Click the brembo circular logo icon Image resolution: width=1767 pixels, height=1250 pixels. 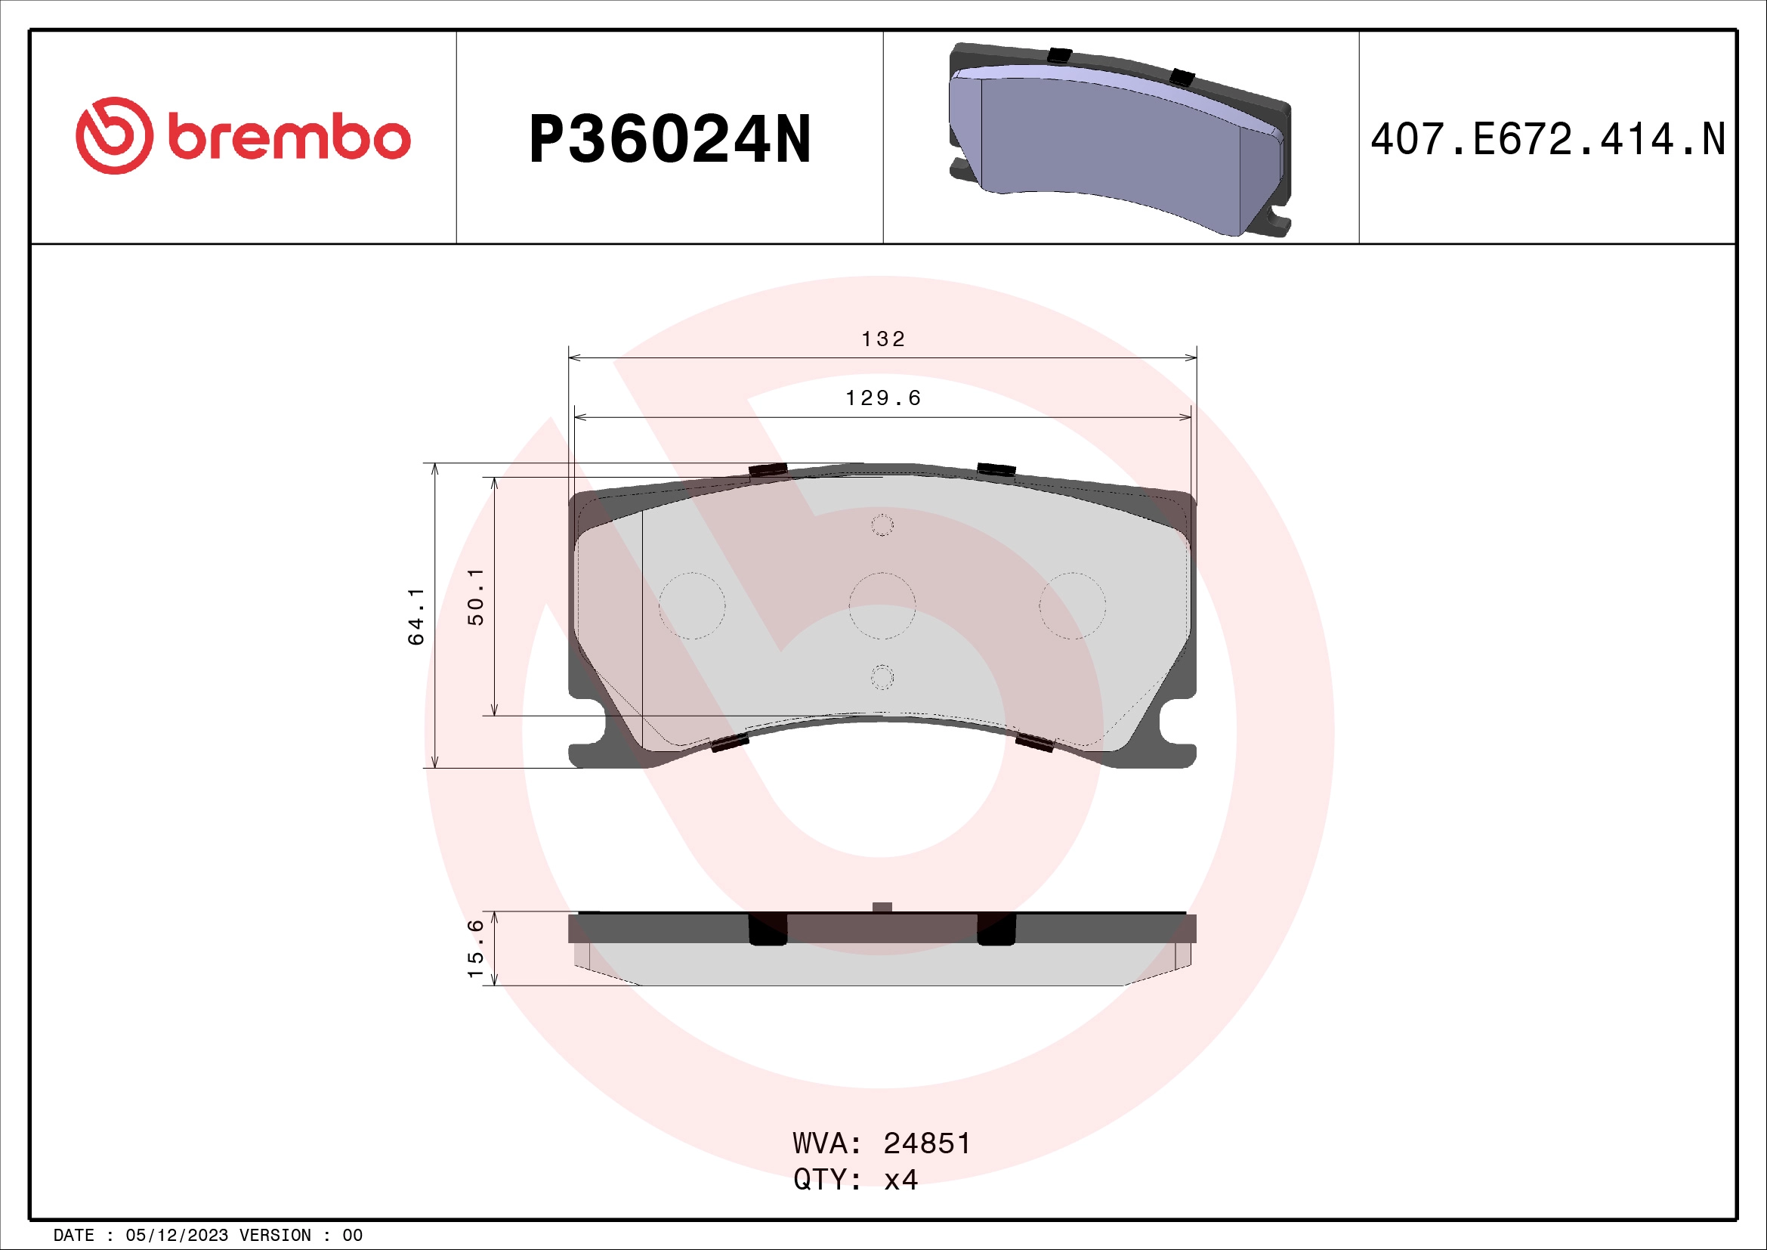tap(114, 135)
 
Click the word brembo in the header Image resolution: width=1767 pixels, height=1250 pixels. tap(289, 138)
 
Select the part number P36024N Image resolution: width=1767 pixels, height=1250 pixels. tap(669, 139)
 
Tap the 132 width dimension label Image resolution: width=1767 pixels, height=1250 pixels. tap(882, 339)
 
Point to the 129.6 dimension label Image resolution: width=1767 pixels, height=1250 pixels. tap(882, 398)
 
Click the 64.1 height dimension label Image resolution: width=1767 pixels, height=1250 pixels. tap(415, 616)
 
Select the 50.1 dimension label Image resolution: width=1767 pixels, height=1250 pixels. tap(476, 596)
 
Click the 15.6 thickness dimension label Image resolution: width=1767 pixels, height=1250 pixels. tap(476, 948)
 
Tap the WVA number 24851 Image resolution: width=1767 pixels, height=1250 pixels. tap(927, 1143)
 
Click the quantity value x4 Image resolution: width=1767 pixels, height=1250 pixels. tap(900, 1180)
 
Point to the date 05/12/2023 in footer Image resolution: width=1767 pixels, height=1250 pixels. tap(176, 1236)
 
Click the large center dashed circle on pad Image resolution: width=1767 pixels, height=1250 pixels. tap(882, 606)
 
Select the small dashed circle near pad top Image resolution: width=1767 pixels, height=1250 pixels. tap(882, 526)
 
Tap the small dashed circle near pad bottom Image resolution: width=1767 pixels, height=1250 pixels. tap(882, 677)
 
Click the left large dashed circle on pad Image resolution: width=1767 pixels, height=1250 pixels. tap(692, 606)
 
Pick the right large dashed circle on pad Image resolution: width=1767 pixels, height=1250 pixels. tap(1072, 606)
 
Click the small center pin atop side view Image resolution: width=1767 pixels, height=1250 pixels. tap(882, 908)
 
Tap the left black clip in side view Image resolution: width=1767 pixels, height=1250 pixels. tap(768, 929)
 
